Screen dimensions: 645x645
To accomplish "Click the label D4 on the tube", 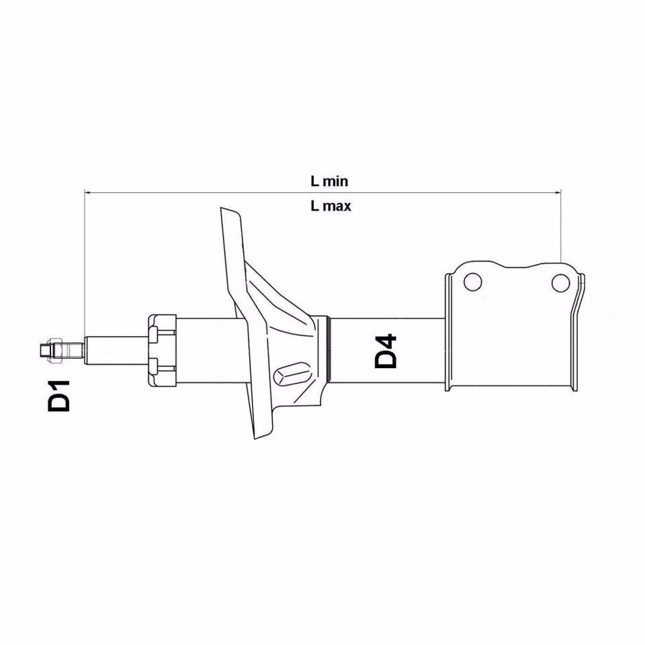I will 386,351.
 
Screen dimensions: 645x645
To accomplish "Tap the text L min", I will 329,181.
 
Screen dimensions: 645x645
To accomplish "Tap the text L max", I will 331,206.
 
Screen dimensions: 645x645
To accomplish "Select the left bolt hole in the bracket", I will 473,282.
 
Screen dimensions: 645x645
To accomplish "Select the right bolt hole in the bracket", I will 560,283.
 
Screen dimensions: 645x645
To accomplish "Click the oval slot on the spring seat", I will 294,372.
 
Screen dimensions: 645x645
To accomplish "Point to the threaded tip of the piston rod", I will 45,350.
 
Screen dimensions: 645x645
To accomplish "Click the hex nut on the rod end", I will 58,350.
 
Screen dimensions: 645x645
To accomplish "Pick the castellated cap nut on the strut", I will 162,350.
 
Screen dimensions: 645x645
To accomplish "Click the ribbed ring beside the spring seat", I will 329,350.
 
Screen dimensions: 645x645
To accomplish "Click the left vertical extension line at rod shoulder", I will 84,269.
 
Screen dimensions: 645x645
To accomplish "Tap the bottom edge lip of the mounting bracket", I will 511,390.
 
